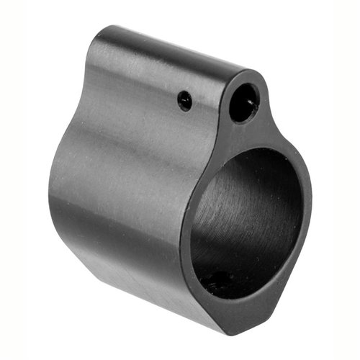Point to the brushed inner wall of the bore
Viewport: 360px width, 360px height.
[230, 209]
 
